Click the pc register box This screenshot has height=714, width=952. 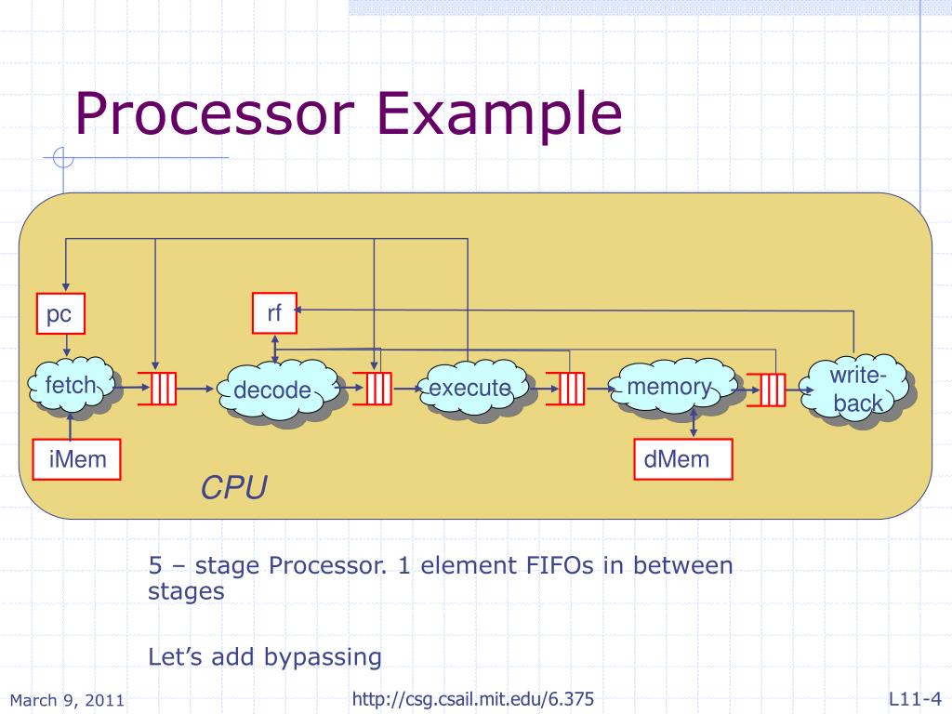tap(60, 313)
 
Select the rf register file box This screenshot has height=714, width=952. tap(274, 313)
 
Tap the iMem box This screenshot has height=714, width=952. tap(76, 459)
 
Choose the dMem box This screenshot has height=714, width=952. tap(683, 459)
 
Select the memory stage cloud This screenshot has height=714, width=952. tap(674, 388)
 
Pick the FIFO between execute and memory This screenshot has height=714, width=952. tap(571, 389)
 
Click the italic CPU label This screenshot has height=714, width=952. tap(233, 487)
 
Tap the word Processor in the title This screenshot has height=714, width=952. tap(215, 113)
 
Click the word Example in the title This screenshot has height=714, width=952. tap(499, 116)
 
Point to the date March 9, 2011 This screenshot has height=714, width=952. tap(67, 701)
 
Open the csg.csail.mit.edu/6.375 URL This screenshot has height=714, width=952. tap(473, 699)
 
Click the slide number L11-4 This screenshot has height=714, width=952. tap(916, 699)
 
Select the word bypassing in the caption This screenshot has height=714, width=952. tap(323, 657)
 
